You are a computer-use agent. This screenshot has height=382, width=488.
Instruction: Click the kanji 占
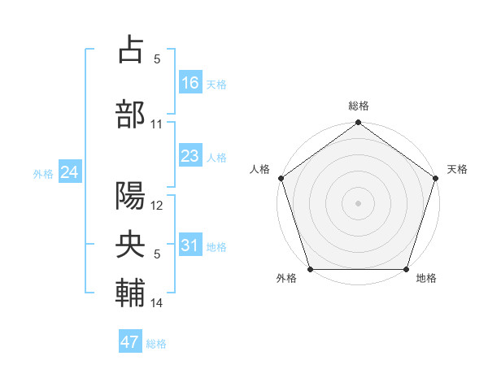[131, 50]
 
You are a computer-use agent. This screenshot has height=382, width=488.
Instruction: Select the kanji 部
[131, 113]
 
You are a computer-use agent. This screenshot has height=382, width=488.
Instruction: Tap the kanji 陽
[131, 195]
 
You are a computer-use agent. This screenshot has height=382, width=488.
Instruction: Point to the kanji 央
[131, 243]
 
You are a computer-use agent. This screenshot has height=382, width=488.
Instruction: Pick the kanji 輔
[131, 292]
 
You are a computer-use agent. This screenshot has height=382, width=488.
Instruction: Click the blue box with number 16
[190, 82]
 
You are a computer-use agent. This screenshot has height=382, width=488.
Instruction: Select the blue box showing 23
[190, 156]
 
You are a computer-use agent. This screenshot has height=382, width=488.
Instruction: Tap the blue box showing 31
[190, 246]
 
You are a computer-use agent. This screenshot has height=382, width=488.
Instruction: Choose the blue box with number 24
[70, 172]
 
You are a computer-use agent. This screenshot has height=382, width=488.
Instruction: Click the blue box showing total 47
[130, 342]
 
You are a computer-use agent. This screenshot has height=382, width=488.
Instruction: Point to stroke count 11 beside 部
[157, 124]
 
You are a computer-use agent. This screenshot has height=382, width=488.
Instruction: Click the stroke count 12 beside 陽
[157, 206]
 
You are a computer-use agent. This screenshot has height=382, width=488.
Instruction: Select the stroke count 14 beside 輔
[157, 303]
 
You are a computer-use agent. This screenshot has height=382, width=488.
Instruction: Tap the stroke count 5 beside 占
[157, 59]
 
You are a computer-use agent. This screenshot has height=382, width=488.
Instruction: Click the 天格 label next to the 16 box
[216, 84]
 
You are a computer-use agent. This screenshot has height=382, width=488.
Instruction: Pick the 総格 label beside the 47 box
[156, 344]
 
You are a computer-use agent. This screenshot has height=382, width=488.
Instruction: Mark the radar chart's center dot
[358, 202]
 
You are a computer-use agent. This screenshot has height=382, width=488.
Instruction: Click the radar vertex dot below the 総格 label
[358, 123]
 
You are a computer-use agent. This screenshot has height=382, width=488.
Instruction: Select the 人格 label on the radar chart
[260, 169]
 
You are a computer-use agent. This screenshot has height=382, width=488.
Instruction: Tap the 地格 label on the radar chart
[426, 279]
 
